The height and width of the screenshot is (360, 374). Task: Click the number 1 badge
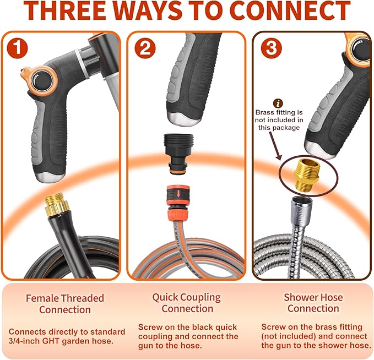17,48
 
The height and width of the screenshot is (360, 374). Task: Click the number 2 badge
145,48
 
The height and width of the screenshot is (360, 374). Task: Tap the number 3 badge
271,48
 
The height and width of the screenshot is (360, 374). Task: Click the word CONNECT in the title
290,10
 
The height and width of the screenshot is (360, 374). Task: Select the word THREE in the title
65,10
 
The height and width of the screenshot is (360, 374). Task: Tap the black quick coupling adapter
178,154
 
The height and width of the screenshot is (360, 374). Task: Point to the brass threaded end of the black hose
57,204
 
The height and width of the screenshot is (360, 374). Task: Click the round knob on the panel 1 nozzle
42,80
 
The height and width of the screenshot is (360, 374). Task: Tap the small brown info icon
278,103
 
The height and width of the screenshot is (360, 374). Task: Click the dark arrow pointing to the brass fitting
275,145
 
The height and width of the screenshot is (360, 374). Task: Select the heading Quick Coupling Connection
187,303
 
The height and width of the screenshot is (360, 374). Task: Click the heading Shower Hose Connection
313,303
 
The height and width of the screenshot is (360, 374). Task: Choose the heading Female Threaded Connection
65,304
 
